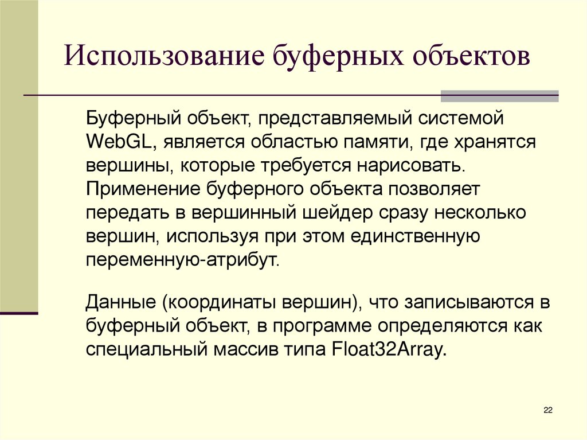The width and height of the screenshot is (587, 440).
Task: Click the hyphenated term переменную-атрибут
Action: (182, 259)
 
